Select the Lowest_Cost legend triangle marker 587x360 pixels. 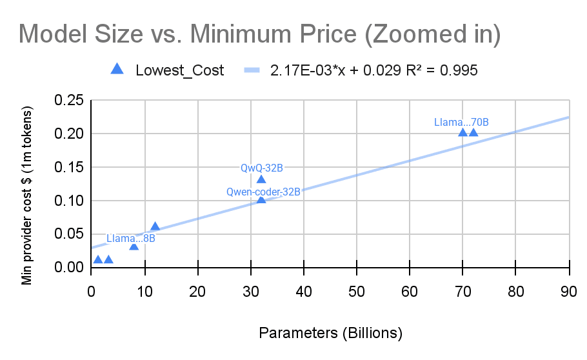[117, 69]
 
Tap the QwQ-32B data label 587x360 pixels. [262, 168]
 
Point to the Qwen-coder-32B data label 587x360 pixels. [263, 192]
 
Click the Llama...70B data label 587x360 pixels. [461, 121]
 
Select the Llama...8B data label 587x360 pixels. [131, 238]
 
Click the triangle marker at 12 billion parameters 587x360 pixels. [155, 226]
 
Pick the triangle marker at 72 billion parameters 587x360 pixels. [473, 132]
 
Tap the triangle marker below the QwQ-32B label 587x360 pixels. [261, 179]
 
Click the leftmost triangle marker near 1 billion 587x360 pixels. [98, 259]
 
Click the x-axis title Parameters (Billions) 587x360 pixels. [330, 333]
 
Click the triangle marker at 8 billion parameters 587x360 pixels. [134, 246]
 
